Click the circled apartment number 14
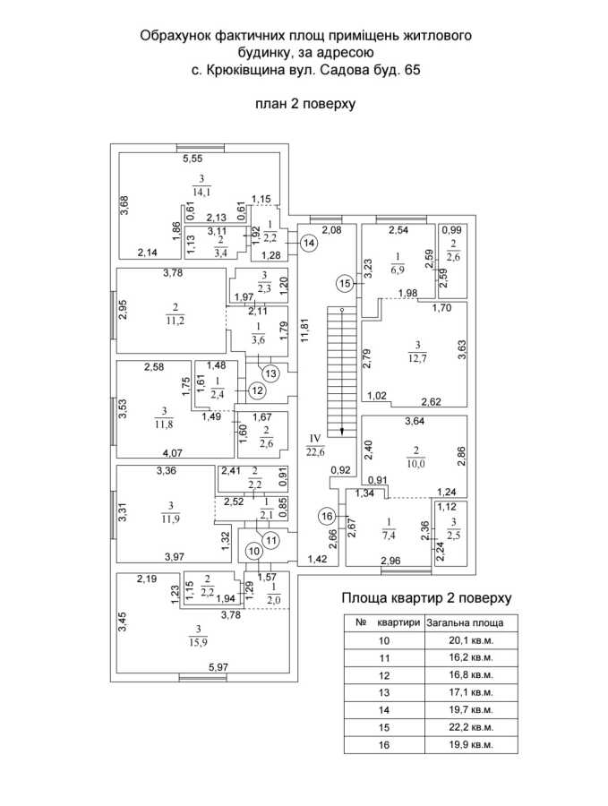pos(309,243)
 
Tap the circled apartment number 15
pos(346,283)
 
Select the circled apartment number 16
pos(327,516)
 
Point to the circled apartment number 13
pos(270,373)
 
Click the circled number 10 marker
pos(254,552)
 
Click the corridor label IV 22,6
pos(315,444)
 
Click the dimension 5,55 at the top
pos(193,159)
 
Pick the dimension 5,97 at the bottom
pos(218,667)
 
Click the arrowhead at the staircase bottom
pos(341,431)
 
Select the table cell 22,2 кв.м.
pos(471,727)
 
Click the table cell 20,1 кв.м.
pos(471,640)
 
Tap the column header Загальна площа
pos(465,623)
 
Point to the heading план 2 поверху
pos(306,104)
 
